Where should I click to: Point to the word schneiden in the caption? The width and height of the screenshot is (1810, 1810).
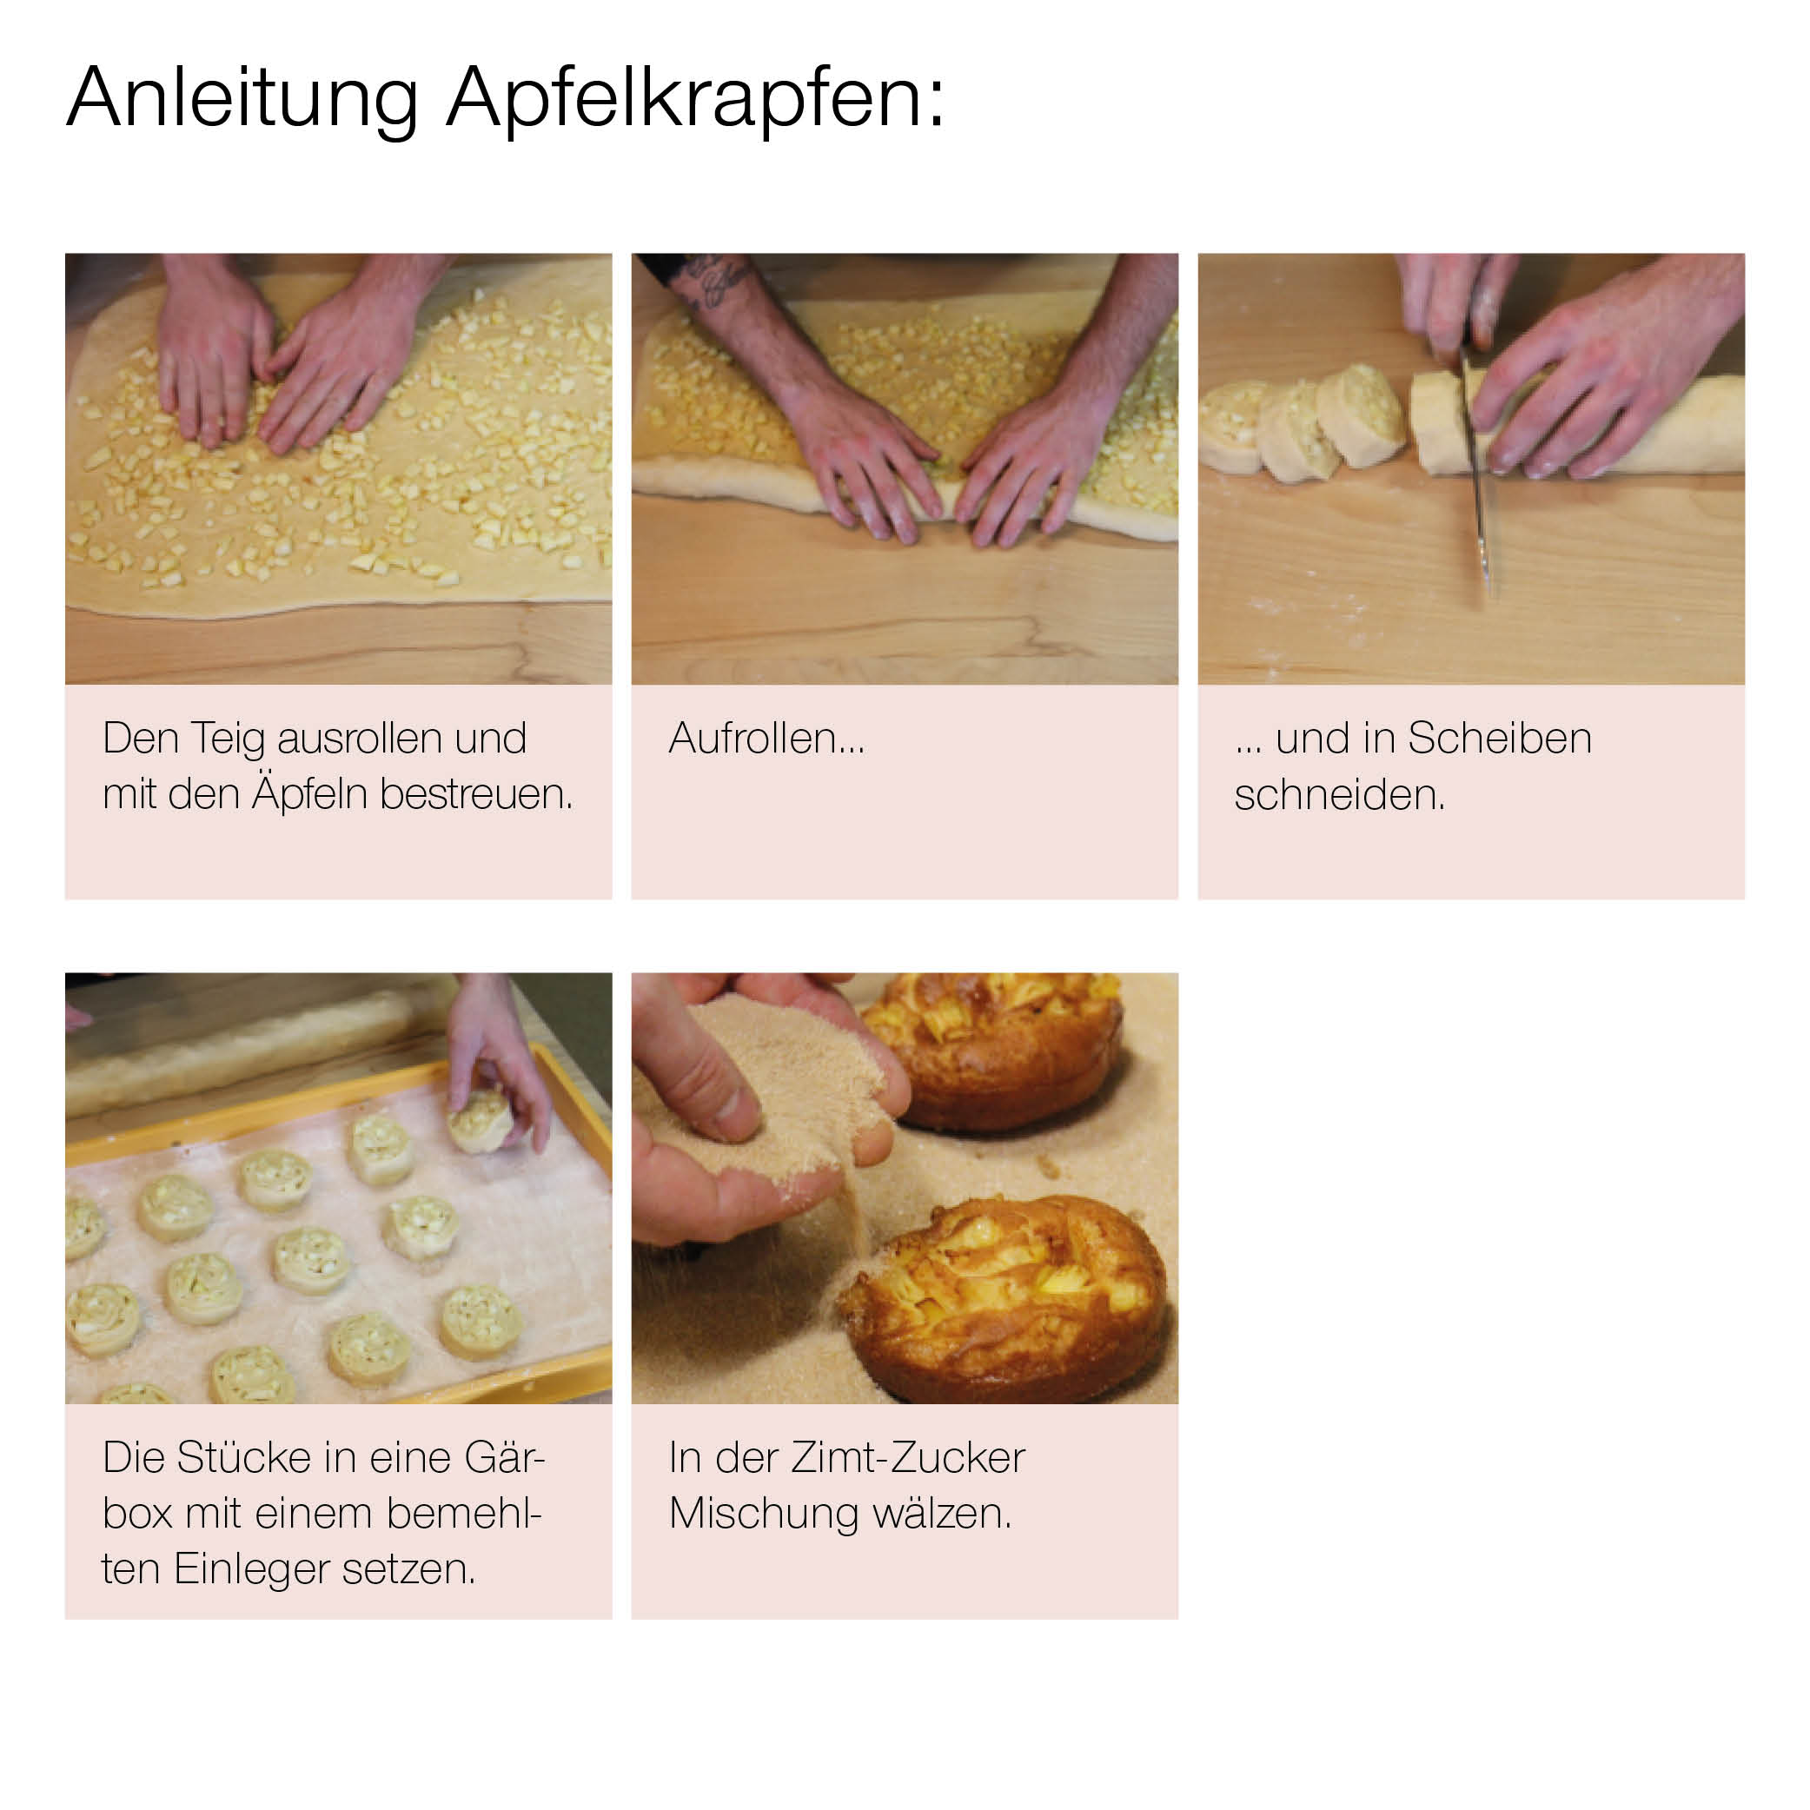[1340, 794]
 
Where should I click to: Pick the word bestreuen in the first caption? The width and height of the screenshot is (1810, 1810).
[476, 794]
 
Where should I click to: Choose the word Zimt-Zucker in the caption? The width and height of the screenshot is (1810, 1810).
[908, 1458]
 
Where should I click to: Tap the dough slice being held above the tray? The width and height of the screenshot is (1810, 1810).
[481, 1119]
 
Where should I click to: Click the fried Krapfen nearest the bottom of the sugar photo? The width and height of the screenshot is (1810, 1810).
[1004, 1297]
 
